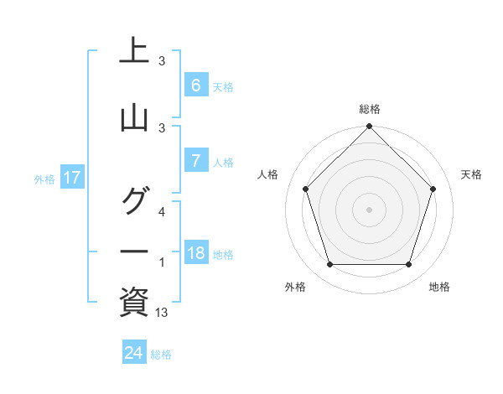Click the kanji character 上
pos(134,52)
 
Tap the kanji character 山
pos(134,119)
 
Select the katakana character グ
pos(134,201)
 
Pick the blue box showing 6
pos(195,86)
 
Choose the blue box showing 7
pos(195,161)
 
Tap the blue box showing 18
pos(195,253)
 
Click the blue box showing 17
pos(71,178)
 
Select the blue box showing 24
pos(134,353)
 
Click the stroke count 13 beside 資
pos(162,313)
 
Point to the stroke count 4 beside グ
pos(162,212)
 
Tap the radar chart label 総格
pos(370,109)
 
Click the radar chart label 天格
pos(471,174)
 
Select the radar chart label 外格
pos(295,287)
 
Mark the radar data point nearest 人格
pos(306,189)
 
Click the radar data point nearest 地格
pos(408,265)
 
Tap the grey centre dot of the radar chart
pos(369,209)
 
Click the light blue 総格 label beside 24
pos(161,355)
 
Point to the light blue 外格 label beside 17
pos(44,179)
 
